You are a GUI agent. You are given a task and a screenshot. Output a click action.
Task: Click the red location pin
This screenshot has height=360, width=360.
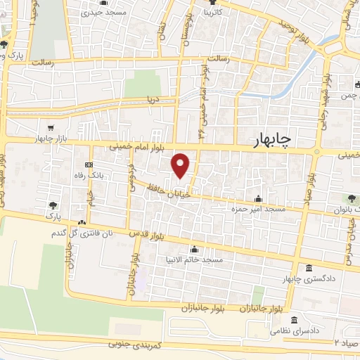tap(181, 165)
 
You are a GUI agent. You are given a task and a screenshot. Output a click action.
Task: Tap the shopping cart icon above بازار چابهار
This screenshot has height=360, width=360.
tap(51, 128)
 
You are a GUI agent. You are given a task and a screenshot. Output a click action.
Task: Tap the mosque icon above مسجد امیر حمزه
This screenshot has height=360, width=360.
tap(259, 198)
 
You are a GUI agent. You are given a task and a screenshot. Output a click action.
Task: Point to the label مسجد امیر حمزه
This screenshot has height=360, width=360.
tap(254, 209)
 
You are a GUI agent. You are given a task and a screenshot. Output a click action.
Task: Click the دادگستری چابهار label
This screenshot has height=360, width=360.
tap(309, 279)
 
